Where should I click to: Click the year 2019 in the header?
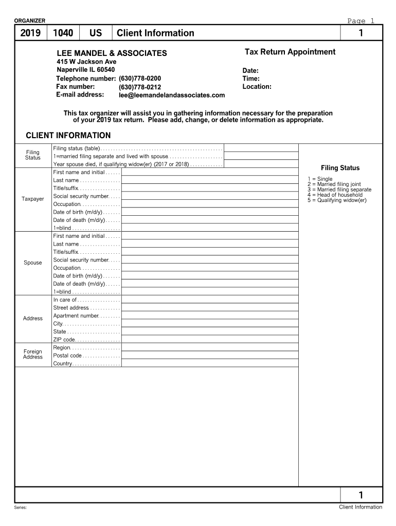pos(30,33)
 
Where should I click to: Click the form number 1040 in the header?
pos(63,33)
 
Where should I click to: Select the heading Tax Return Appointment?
pos(290,52)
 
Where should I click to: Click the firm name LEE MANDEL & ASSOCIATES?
pos(112,53)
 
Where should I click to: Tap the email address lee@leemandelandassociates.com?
pos(172,95)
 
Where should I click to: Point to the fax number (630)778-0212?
pos(140,87)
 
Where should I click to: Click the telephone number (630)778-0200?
pos(140,79)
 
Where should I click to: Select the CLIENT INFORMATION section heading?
pos(68,136)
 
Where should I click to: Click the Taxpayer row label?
pos(33,199)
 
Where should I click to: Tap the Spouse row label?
pos(33,262)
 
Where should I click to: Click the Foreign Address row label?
pos(33,354)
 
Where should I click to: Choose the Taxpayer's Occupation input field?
pos(210,204)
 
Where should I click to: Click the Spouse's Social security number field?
pos(210,260)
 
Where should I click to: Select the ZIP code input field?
pos(210,340)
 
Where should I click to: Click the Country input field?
pos(210,364)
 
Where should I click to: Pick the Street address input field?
pos(210,308)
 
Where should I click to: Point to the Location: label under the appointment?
pos(257,87)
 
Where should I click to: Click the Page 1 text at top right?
pos(361,21)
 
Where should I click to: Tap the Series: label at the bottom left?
pos(21,508)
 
